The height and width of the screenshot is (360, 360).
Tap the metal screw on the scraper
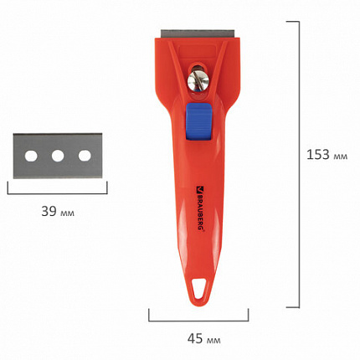[198, 81]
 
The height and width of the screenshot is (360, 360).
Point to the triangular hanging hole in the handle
[199, 288]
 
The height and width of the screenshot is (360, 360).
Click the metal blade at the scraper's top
[198, 34]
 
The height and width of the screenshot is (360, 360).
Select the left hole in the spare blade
[31, 156]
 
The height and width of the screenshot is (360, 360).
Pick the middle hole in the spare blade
[58, 156]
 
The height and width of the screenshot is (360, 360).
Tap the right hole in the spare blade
[85, 156]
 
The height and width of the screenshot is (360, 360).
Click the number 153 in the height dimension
[318, 154]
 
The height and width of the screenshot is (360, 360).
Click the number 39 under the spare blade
[49, 211]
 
